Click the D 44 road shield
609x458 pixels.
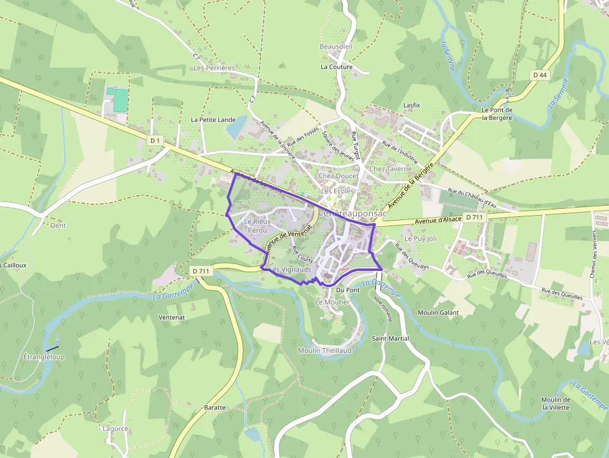[539, 75]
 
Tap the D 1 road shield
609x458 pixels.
[155, 141]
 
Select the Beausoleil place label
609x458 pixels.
[336, 47]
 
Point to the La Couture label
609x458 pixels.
[336, 66]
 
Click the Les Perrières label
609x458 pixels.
[214, 68]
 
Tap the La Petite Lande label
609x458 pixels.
[213, 119]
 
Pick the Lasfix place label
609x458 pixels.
[411, 106]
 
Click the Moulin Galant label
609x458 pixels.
[438, 313]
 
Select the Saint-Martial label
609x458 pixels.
[390, 339]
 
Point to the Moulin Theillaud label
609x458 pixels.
[325, 350]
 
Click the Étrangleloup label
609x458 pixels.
[43, 357]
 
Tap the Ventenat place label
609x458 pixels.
[172, 317]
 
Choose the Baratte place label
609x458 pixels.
[215, 408]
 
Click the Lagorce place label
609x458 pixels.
[116, 429]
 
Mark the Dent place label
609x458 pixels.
[58, 226]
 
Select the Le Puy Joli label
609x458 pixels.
[421, 238]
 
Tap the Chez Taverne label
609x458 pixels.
[390, 168]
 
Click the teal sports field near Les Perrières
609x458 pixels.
[120, 101]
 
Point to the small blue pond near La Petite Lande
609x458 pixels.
[237, 128]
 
